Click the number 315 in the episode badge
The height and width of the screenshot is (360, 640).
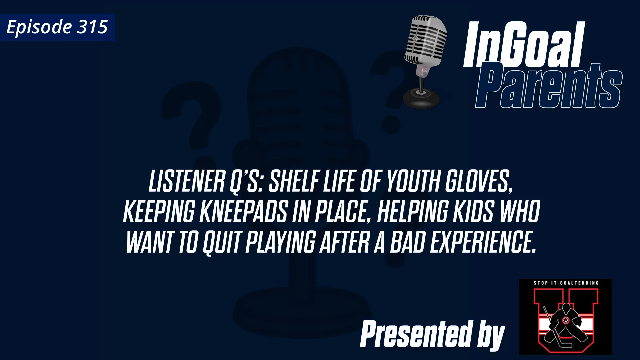coord(92,27)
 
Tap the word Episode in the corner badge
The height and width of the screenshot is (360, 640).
coord(39,27)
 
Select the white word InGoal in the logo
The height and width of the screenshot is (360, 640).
coord(524,45)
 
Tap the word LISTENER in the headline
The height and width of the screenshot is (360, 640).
coord(187,182)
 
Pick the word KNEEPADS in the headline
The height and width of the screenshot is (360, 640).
coord(243,212)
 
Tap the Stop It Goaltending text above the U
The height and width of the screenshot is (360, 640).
coord(566,283)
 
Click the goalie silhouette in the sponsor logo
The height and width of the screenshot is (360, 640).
coord(565,323)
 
